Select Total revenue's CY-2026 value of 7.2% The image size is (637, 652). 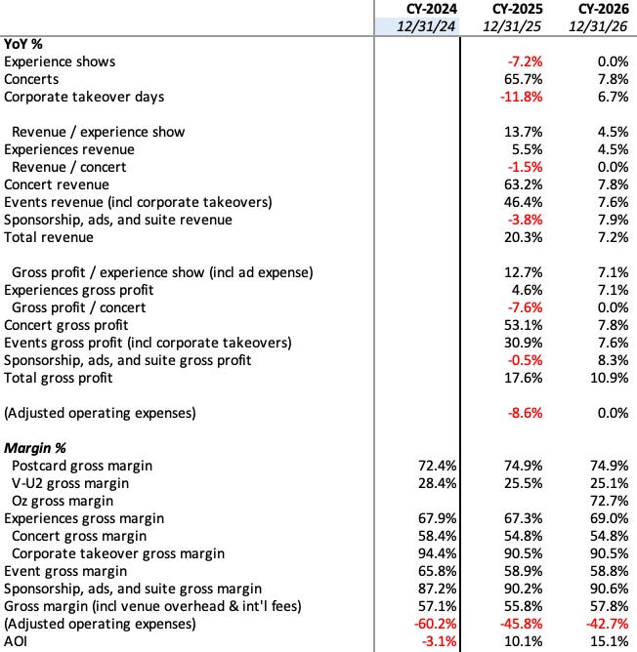pyautogui.click(x=607, y=237)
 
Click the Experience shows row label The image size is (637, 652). pyautogui.click(x=60, y=61)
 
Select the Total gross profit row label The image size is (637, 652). pyautogui.click(x=58, y=378)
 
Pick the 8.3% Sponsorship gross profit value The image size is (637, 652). pyautogui.click(x=607, y=360)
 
